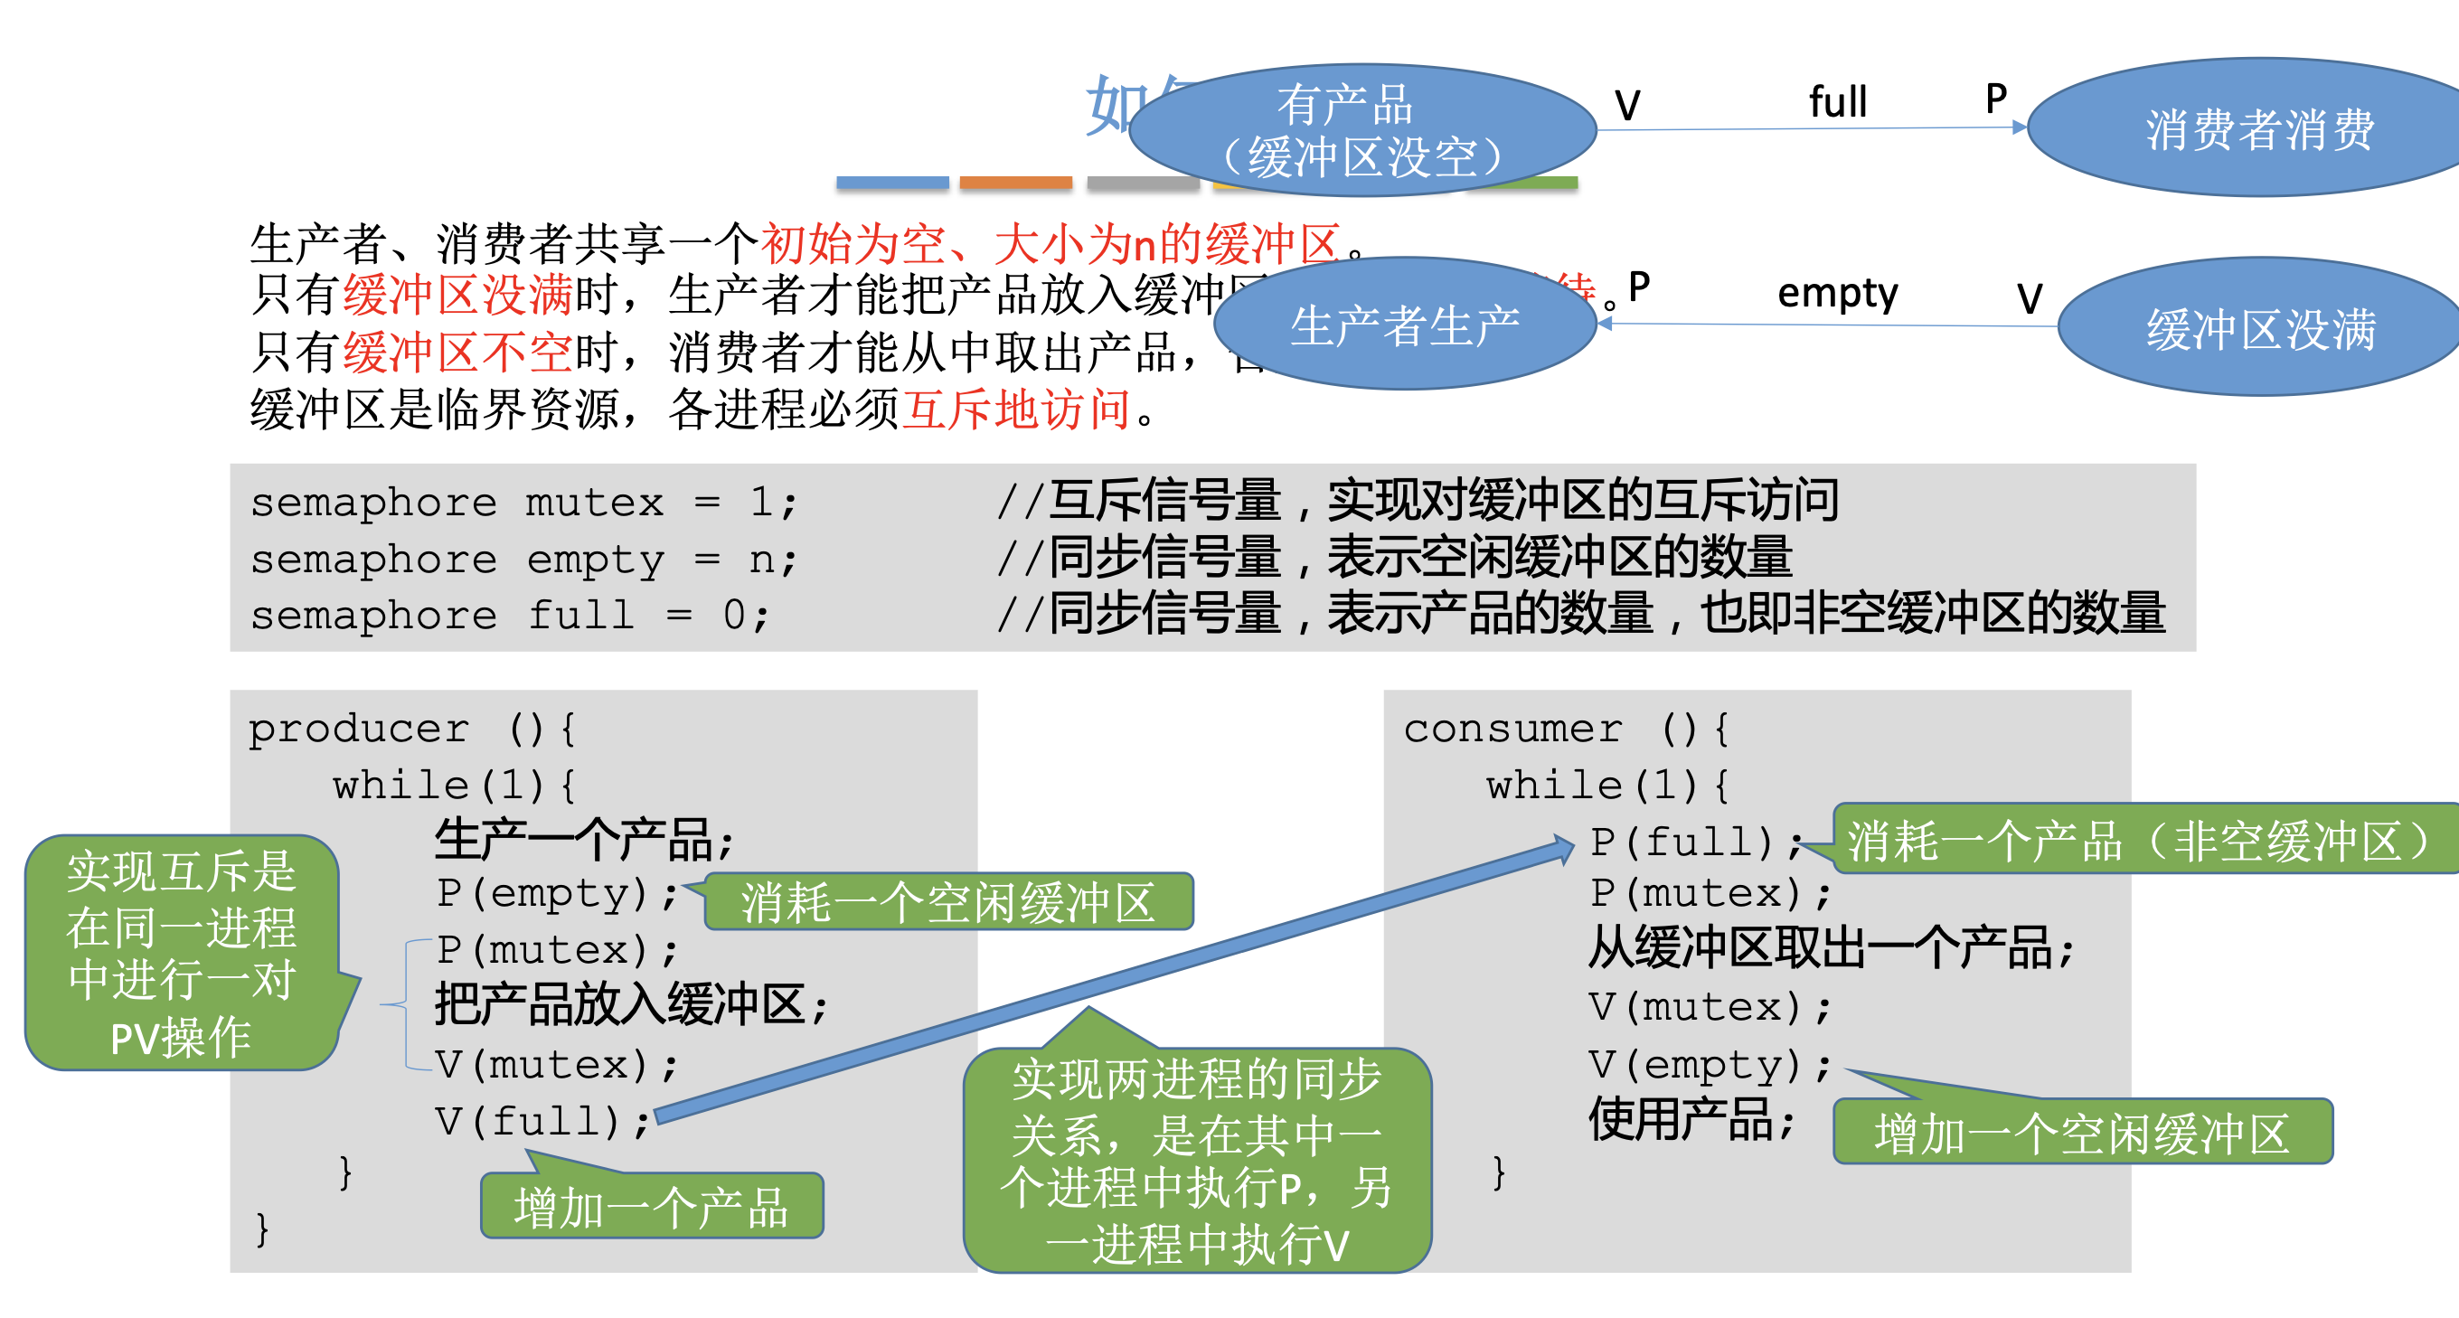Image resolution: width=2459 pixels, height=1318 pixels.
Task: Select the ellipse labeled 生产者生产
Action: click(1404, 325)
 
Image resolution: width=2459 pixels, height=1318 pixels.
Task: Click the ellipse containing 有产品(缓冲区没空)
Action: click(1362, 131)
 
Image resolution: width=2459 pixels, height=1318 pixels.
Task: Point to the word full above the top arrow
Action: click(1838, 101)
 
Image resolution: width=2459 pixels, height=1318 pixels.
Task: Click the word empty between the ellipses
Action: click(1838, 293)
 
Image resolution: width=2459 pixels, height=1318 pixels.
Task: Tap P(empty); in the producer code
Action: click(558, 893)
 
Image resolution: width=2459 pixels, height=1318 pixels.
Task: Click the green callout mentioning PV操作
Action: click(182, 954)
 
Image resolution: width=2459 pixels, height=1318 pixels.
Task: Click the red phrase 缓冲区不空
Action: click(457, 353)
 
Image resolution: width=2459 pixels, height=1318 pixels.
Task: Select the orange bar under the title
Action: click(1015, 183)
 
